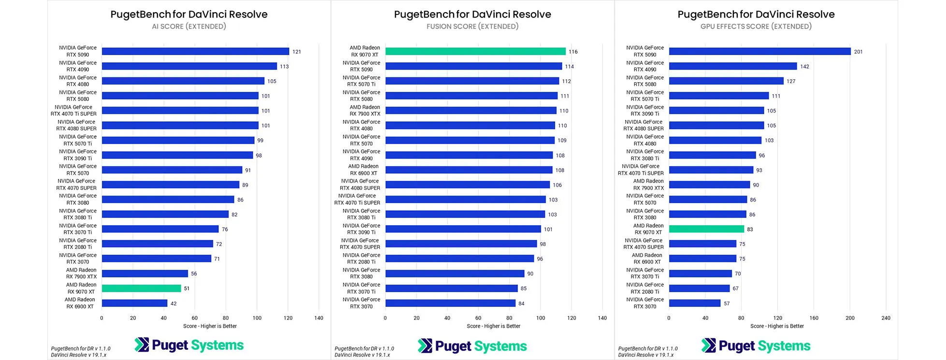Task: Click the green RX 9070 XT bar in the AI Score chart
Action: tap(141, 288)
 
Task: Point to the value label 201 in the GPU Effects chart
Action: tap(858, 52)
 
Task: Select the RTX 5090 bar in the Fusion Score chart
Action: tap(473, 66)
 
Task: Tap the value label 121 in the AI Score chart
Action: tap(297, 52)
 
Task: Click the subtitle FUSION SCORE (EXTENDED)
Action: tap(472, 27)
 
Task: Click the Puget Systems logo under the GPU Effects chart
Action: tap(756, 346)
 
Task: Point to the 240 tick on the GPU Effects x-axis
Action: tap(886, 318)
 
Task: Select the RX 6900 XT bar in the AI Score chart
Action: tap(134, 303)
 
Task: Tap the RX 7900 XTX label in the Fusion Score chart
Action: tap(365, 111)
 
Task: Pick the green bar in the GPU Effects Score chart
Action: tap(706, 229)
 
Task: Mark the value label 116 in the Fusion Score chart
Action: tap(573, 52)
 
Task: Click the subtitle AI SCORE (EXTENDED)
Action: tap(189, 27)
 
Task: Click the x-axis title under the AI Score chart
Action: tap(210, 326)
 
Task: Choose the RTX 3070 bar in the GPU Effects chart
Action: tap(694, 303)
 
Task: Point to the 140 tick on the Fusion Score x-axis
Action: tap(602, 318)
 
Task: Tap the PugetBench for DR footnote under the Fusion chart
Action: tap(364, 348)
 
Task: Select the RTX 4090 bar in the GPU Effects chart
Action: tap(732, 66)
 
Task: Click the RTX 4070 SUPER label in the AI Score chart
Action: tap(76, 185)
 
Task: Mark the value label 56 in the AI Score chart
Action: tap(194, 274)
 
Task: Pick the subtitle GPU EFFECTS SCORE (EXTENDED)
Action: tap(756, 27)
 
